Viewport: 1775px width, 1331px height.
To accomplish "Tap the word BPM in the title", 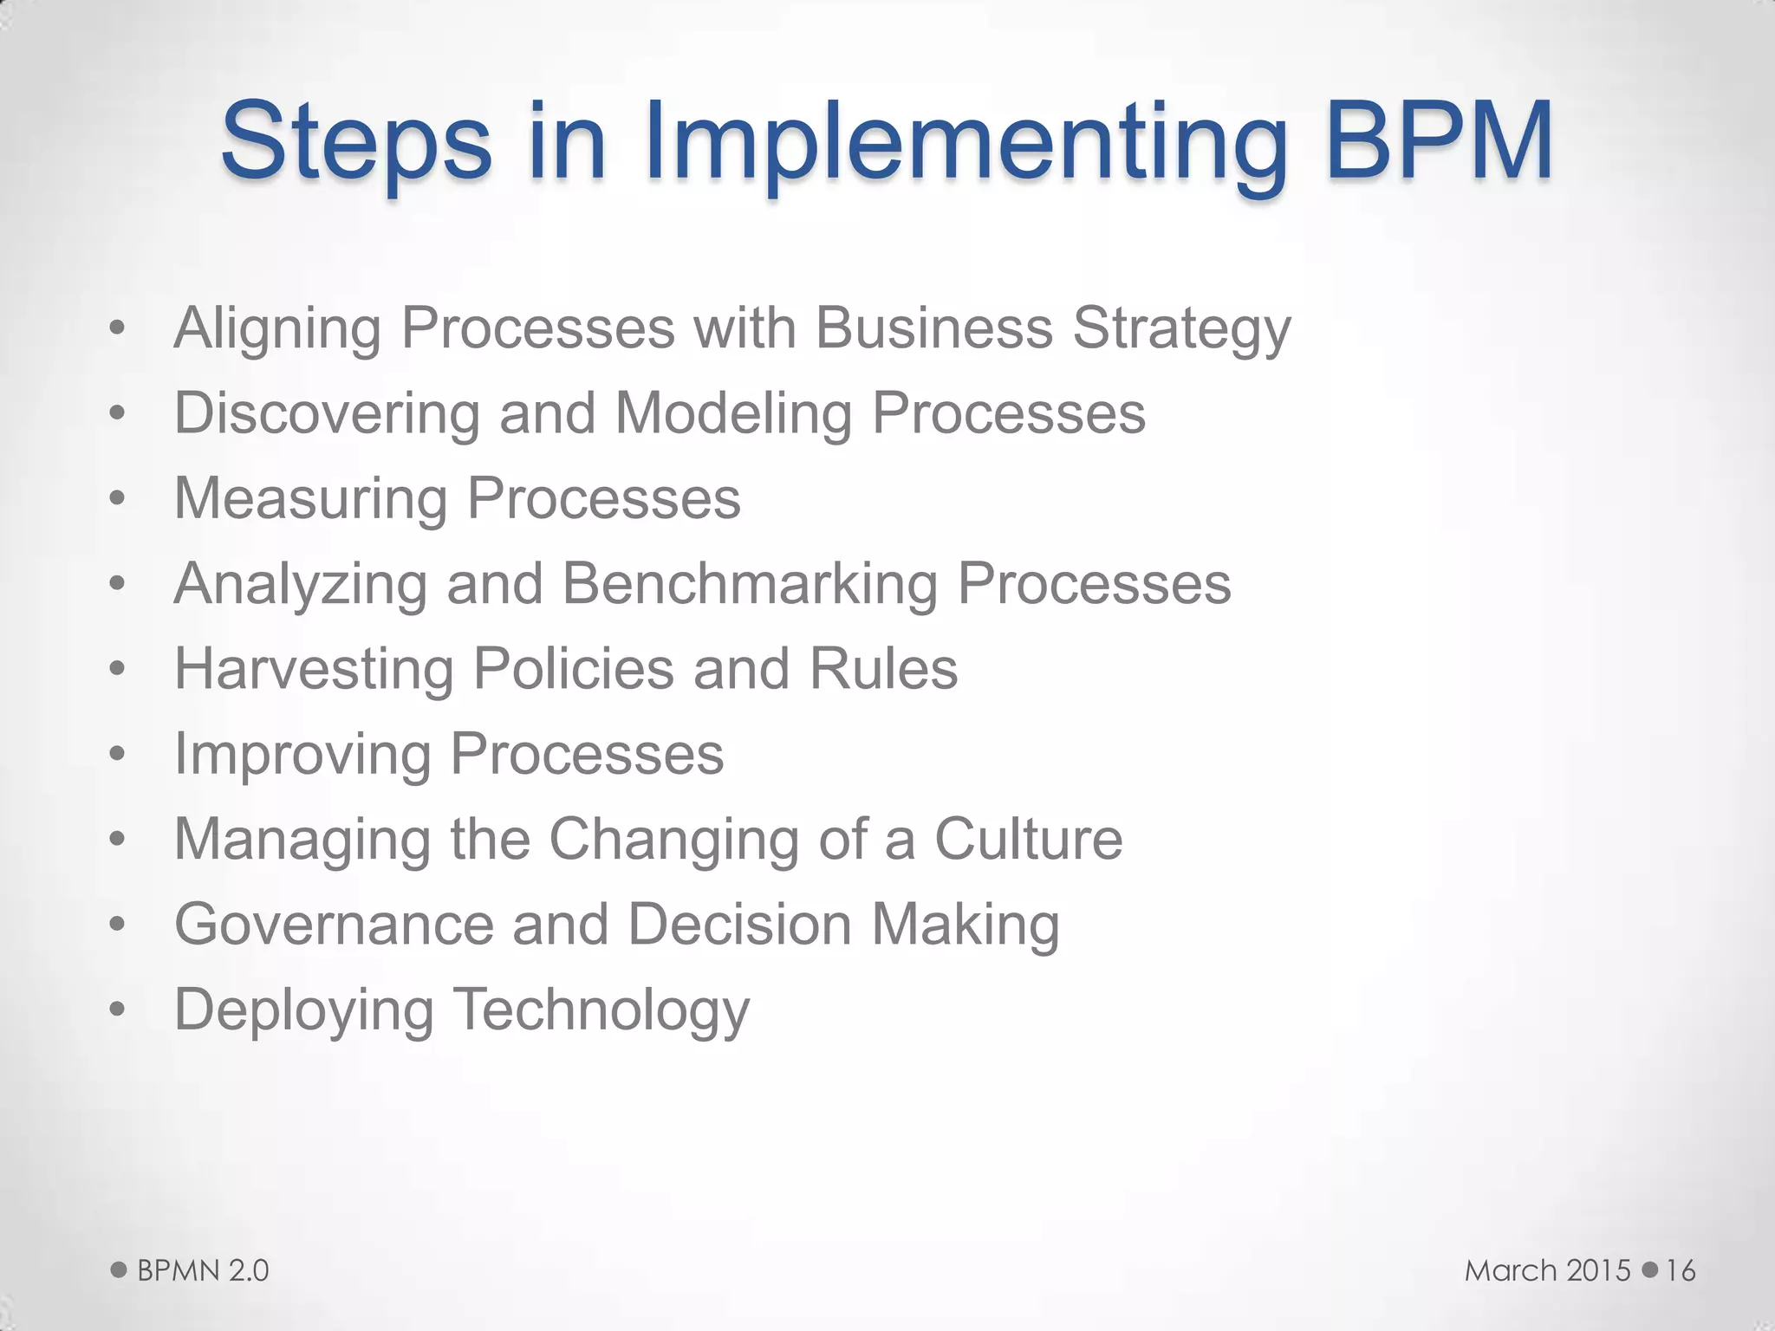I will tap(1438, 140).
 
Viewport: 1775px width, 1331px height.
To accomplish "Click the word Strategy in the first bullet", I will tap(1181, 330).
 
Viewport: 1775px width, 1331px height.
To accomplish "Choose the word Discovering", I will tap(327, 413).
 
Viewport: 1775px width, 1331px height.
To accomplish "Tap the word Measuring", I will tap(311, 500).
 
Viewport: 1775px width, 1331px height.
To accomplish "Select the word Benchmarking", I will tap(750, 585).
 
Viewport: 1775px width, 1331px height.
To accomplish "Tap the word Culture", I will tap(1028, 839).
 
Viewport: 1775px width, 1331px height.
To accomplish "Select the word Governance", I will tap(334, 925).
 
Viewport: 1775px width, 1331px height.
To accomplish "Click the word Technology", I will tap(601, 1011).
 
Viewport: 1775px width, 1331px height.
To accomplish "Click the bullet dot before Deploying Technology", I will tap(118, 1010).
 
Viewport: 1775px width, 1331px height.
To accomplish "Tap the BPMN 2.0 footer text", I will tap(203, 1271).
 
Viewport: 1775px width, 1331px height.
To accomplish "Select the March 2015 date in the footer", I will tap(1547, 1271).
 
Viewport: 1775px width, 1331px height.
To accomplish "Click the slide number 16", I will tap(1681, 1271).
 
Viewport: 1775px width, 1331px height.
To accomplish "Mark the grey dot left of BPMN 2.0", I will tap(119, 1270).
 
